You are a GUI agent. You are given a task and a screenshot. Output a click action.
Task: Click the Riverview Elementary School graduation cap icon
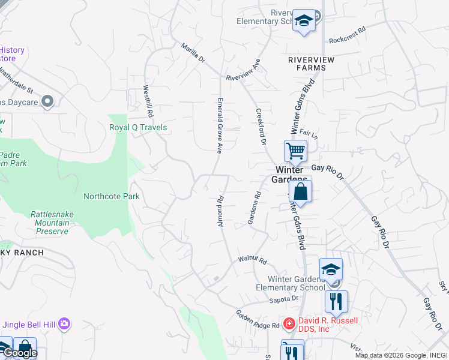click(x=304, y=22)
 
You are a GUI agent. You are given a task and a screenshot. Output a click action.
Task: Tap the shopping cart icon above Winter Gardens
click(x=295, y=151)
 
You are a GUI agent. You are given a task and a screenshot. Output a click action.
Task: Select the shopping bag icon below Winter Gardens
click(x=301, y=192)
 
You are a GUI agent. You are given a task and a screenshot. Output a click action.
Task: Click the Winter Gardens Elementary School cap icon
click(x=331, y=269)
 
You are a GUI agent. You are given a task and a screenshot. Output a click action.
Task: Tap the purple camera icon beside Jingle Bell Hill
click(x=64, y=325)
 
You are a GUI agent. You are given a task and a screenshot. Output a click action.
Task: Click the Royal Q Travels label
click(x=138, y=128)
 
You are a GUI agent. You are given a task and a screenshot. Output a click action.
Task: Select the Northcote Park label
click(x=112, y=196)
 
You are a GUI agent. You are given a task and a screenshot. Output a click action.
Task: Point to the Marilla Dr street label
click(x=193, y=53)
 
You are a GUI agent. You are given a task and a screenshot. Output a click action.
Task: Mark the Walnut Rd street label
click(x=252, y=260)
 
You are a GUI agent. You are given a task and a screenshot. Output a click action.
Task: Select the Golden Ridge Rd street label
click(x=258, y=320)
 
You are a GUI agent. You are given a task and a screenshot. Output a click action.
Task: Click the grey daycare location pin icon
click(x=49, y=102)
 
